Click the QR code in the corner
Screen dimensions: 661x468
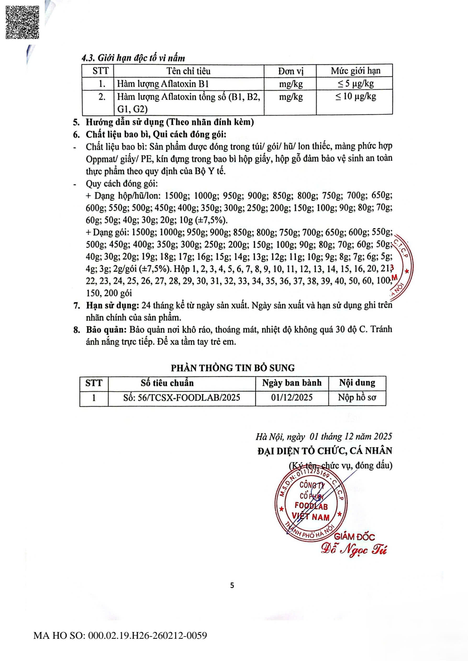click(x=23, y=22)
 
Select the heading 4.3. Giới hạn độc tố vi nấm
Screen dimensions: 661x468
click(x=133, y=58)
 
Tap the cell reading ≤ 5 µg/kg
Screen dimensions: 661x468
click(x=356, y=84)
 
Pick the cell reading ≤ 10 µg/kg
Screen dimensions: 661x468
click(x=356, y=97)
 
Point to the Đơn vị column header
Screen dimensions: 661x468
click(x=291, y=71)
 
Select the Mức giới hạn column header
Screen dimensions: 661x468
click(x=355, y=71)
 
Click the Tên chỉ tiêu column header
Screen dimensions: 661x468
click(x=188, y=71)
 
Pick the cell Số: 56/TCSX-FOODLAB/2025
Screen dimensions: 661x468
click(x=182, y=398)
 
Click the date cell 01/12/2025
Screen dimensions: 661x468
click(x=292, y=398)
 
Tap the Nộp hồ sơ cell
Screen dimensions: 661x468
click(x=357, y=398)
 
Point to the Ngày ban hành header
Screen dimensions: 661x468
click(x=292, y=383)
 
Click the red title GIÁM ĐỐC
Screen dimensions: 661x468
click(x=354, y=537)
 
